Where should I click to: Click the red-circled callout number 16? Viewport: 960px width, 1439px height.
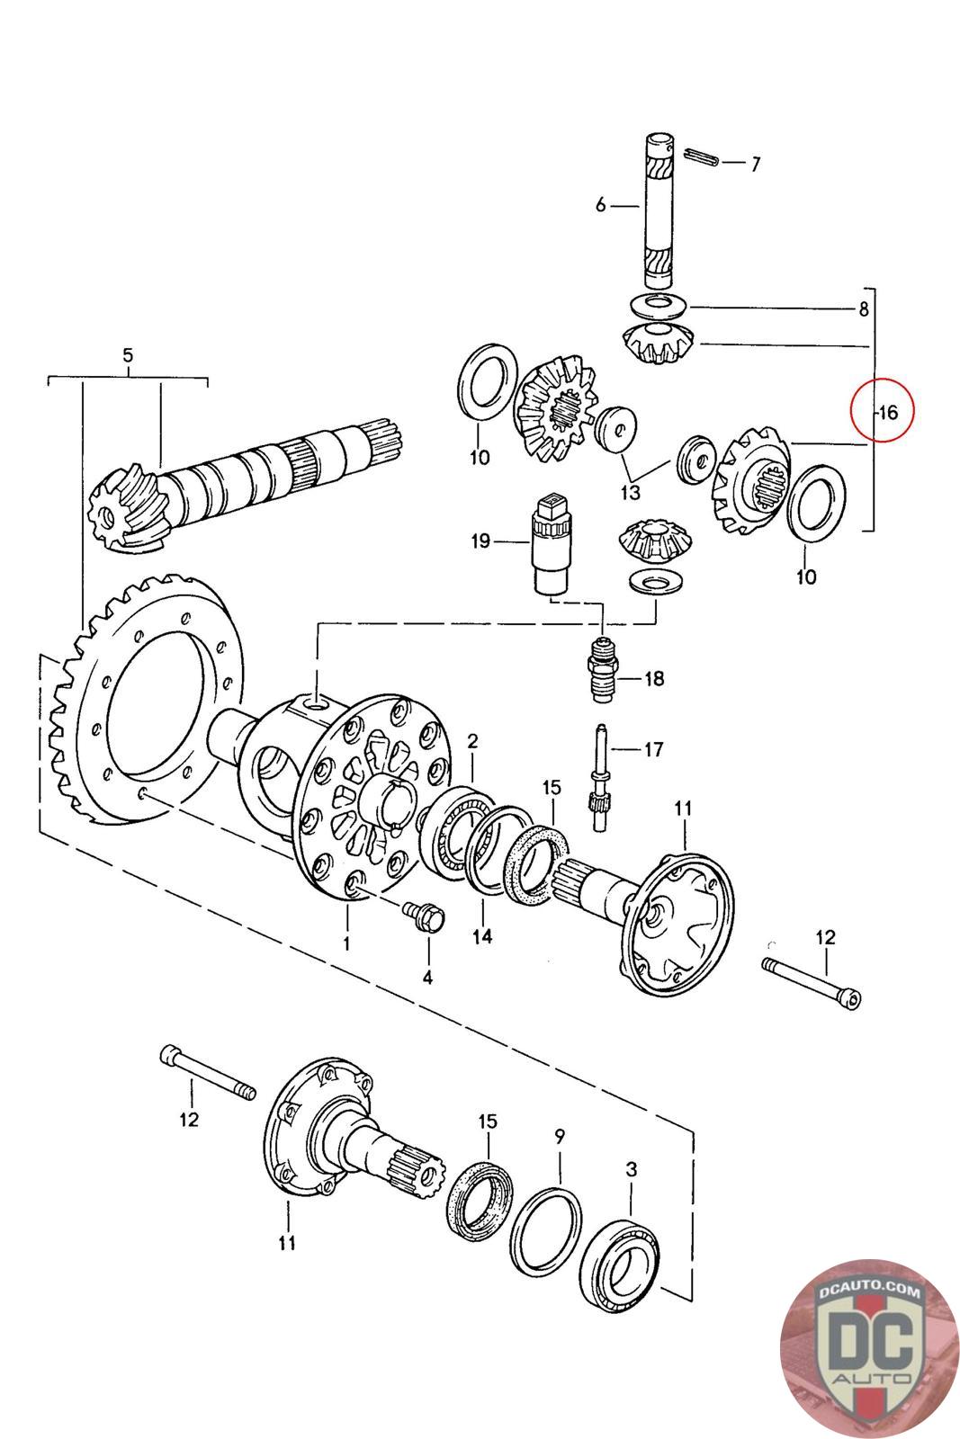pyautogui.click(x=887, y=413)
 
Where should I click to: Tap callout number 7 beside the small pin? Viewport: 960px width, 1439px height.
pyautogui.click(x=756, y=164)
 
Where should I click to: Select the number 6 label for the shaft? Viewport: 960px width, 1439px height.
pyautogui.click(x=601, y=205)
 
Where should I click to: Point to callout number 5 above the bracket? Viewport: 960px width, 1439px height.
pyautogui.click(x=128, y=356)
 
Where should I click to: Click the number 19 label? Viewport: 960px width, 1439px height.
pyautogui.click(x=480, y=541)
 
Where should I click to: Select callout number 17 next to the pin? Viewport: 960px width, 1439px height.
pyautogui.click(x=654, y=747)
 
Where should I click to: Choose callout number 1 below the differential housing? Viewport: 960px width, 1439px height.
pyautogui.click(x=346, y=943)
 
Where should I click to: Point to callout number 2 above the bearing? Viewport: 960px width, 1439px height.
pyautogui.click(x=472, y=741)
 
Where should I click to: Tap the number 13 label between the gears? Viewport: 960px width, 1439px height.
pyautogui.click(x=630, y=492)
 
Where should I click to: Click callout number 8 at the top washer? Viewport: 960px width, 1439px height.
pyautogui.click(x=863, y=309)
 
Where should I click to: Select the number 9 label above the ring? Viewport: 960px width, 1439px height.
pyautogui.click(x=560, y=1136)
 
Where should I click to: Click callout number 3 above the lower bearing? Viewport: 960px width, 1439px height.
pyautogui.click(x=632, y=1169)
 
